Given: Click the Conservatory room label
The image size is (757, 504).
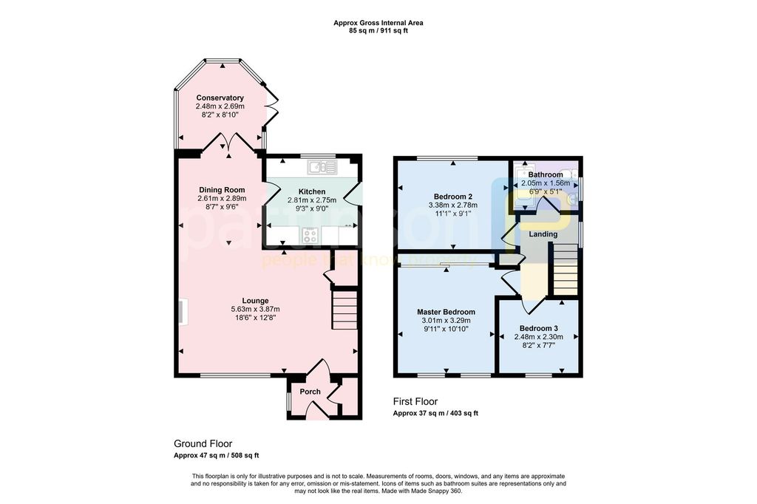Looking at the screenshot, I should [220, 98].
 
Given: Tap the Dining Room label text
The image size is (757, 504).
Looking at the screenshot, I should [221, 190].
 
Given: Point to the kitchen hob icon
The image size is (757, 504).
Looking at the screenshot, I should [310, 236].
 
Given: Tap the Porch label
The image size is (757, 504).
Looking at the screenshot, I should [310, 392].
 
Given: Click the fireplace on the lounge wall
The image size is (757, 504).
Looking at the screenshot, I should [181, 311].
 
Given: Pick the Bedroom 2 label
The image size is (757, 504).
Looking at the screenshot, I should [453, 197].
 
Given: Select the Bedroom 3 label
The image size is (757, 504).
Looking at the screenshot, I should [538, 328].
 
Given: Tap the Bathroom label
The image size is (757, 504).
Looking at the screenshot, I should [545, 175].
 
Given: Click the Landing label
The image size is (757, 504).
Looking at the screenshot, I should [543, 234].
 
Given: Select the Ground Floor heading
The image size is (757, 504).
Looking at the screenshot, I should [203, 443].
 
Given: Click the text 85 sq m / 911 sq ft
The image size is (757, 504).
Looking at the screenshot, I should [378, 32].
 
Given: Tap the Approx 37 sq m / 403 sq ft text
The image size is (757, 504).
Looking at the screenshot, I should [435, 413].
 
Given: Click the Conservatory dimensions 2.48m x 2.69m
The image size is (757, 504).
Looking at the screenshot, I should [220, 106].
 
